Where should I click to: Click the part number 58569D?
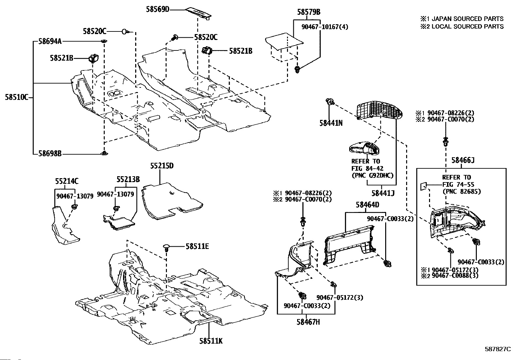(x=157, y=9)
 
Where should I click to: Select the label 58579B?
(x=309, y=12)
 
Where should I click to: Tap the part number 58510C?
(x=16, y=97)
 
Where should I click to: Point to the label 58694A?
(x=50, y=42)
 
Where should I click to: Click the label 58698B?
(x=50, y=154)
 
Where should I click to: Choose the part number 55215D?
(x=162, y=165)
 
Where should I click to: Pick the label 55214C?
(x=67, y=181)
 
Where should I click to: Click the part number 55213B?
(x=128, y=179)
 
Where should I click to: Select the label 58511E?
(x=197, y=246)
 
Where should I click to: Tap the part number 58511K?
(x=211, y=341)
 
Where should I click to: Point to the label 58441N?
(x=331, y=123)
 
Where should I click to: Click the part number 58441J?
(x=383, y=193)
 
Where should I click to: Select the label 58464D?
(x=368, y=205)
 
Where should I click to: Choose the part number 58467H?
(x=308, y=322)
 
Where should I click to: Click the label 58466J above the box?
(x=463, y=160)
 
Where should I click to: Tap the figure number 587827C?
(x=498, y=349)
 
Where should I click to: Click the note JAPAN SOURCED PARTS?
(x=468, y=19)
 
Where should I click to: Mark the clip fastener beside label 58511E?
(x=166, y=248)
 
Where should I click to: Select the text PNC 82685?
(x=461, y=191)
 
